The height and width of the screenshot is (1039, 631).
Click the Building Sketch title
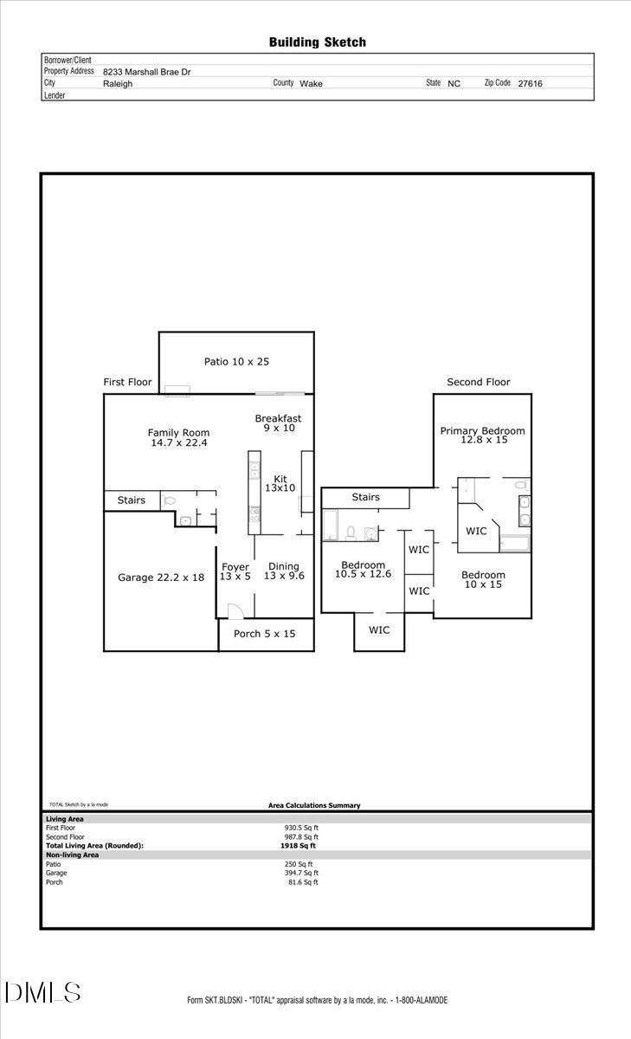(317, 42)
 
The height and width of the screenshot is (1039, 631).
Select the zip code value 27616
(530, 84)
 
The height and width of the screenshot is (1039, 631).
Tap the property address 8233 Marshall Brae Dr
(146, 73)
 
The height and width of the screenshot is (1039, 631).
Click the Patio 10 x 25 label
(236, 361)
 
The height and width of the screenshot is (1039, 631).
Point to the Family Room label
(178, 437)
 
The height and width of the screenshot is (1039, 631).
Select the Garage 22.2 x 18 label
(161, 577)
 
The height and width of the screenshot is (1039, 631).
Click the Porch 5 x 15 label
(265, 634)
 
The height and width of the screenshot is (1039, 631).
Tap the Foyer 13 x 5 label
(235, 571)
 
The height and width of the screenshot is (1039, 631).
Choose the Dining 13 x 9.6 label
(284, 571)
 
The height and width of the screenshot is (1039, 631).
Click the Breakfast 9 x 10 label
(278, 423)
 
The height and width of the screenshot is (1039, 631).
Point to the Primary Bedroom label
(482, 435)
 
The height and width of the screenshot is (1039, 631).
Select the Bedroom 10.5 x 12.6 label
(363, 570)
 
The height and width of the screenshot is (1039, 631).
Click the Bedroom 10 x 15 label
(483, 579)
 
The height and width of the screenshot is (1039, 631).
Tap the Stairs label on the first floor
(132, 500)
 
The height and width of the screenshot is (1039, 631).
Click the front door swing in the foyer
(234, 611)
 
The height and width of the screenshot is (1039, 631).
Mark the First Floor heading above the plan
(127, 382)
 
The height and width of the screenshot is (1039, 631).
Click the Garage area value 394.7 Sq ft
(301, 873)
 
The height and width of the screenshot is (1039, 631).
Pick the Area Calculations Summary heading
(314, 805)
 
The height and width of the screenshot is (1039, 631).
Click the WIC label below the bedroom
(379, 629)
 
